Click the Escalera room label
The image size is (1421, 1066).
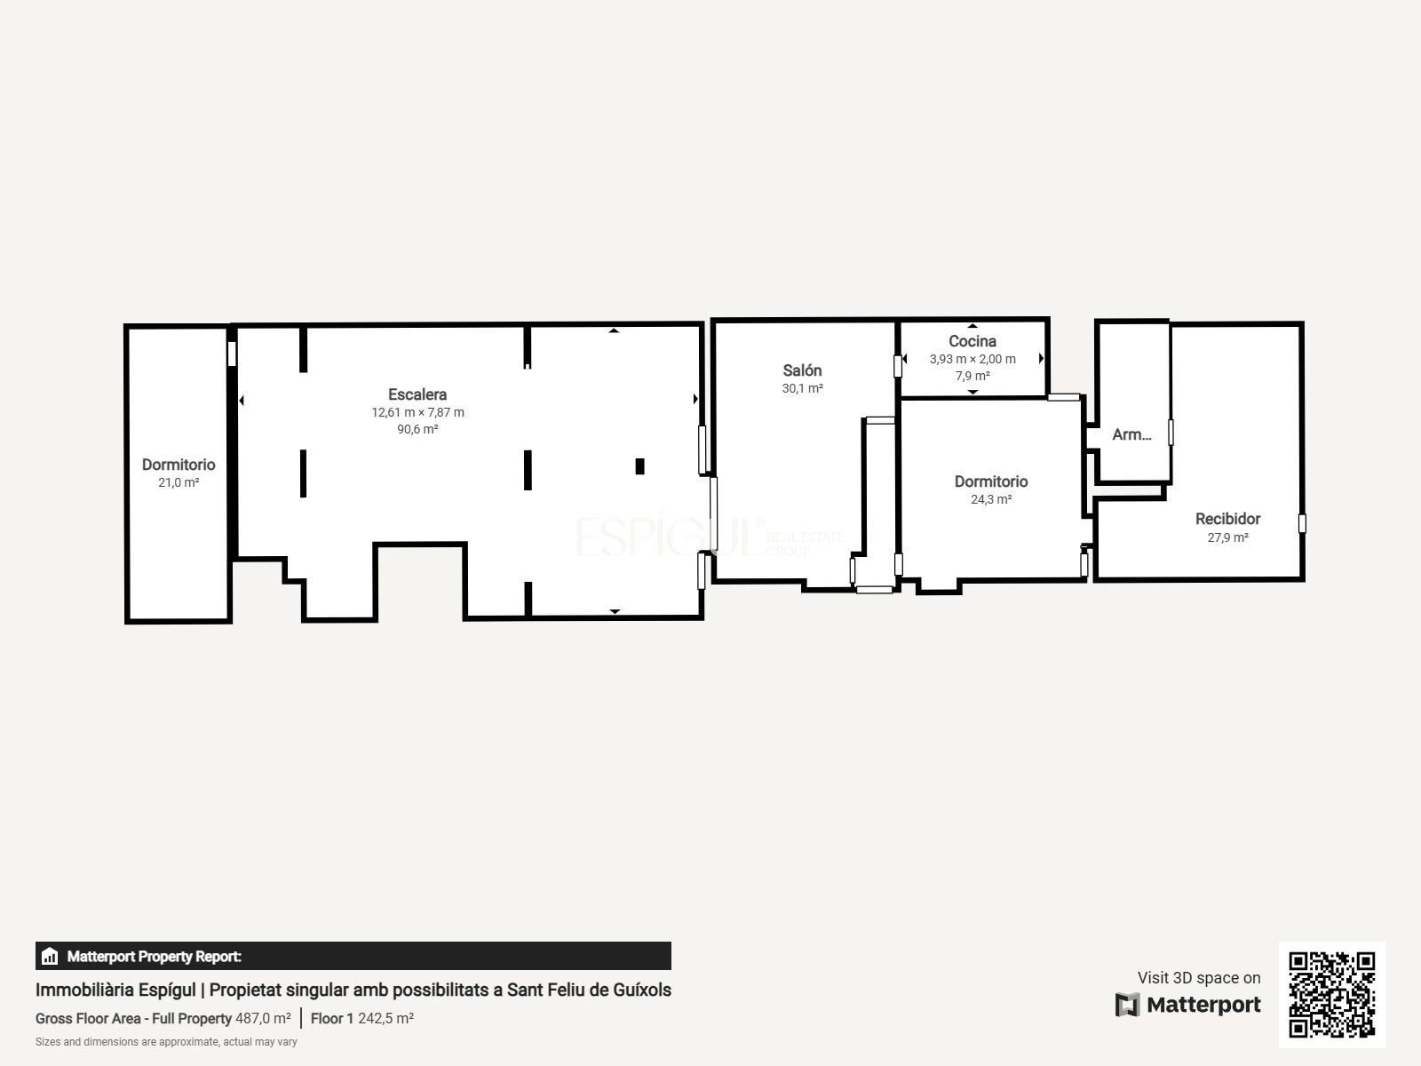(x=417, y=394)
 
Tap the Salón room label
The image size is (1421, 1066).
(x=802, y=370)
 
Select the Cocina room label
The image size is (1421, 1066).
(x=972, y=341)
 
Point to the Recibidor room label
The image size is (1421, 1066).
(x=1227, y=519)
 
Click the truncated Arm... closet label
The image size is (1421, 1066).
(x=1131, y=434)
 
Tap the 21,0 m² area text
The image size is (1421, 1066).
(x=179, y=482)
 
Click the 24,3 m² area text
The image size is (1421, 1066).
(x=991, y=499)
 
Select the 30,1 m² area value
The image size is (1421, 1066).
(x=802, y=388)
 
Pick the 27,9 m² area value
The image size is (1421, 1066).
(x=1227, y=537)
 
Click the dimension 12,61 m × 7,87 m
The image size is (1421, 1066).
(x=417, y=412)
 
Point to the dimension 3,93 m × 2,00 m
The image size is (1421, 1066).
(x=972, y=359)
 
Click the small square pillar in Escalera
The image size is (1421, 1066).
(x=639, y=466)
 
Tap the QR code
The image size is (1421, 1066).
(x=1331, y=994)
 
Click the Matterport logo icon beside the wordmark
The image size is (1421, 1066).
(x=1127, y=1005)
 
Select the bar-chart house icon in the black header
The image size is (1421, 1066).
(x=50, y=956)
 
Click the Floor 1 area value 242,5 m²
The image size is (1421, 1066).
(x=385, y=1018)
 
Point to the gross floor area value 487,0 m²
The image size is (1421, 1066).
(x=263, y=1018)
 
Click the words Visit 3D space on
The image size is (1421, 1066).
(x=1199, y=977)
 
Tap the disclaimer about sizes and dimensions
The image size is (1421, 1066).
(x=166, y=1041)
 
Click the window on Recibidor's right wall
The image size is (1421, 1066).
(x=1302, y=523)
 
